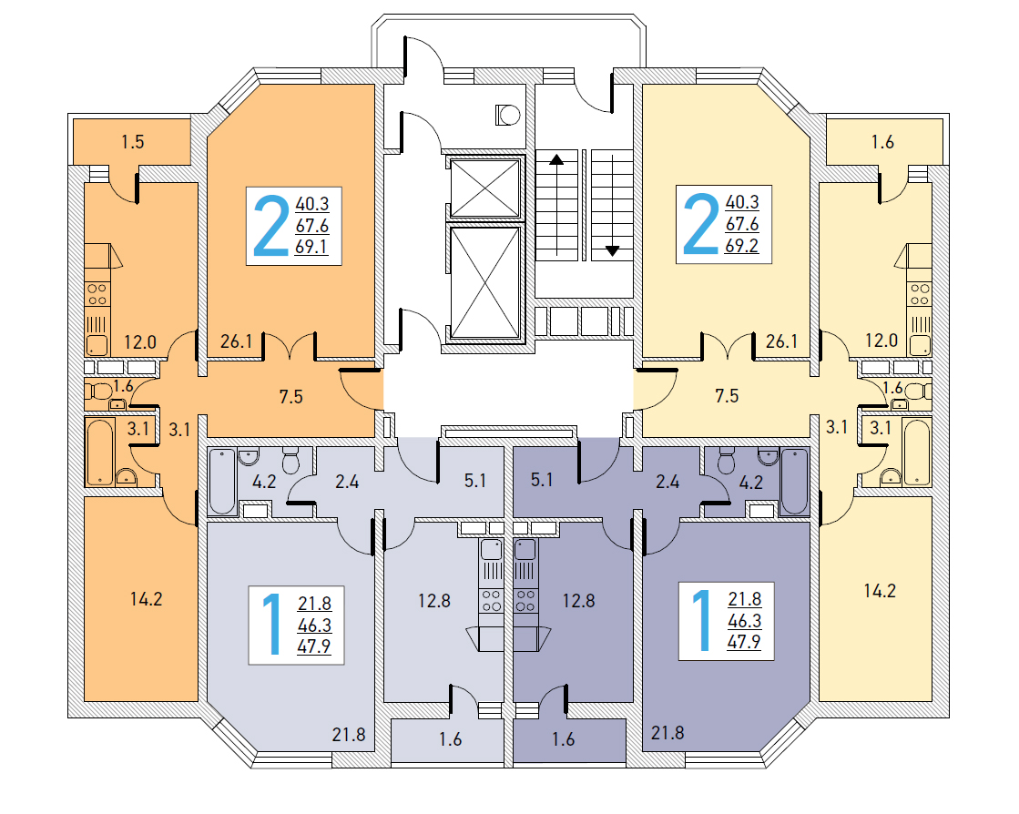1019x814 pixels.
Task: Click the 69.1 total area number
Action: (311, 247)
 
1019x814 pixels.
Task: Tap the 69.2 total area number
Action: (741, 246)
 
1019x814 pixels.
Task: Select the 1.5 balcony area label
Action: (133, 142)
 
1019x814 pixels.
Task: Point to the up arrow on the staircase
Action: (556, 159)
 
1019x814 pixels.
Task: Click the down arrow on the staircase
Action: (612, 250)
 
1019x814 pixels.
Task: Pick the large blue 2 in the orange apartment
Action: (271, 225)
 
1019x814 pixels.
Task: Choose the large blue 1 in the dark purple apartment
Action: (702, 620)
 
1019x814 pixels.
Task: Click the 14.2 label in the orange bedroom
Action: (146, 599)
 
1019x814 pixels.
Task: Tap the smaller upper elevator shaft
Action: (485, 188)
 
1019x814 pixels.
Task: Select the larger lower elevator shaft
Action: (485, 282)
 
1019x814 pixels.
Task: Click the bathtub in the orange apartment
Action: (100, 453)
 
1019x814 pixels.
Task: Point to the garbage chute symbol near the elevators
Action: (507, 116)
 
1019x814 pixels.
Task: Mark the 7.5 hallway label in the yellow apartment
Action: (727, 396)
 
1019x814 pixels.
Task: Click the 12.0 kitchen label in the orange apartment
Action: (140, 341)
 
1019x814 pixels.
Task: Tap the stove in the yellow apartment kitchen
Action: (920, 293)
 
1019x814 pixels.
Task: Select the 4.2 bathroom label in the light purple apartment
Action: (264, 482)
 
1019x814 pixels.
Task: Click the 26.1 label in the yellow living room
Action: (781, 341)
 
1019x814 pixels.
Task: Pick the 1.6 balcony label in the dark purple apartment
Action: (563, 739)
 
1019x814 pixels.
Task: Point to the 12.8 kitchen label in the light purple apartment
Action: (434, 601)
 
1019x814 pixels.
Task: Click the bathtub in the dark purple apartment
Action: (794, 482)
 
